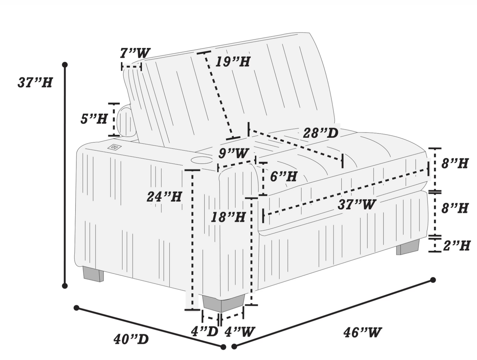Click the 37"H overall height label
coord(35,82)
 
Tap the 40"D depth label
coord(131,339)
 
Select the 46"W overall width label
coord(362,332)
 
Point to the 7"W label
coord(135,53)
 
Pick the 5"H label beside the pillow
coord(94,119)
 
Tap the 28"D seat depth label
coord(321,133)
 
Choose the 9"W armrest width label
coord(233,153)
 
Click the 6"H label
coord(284,176)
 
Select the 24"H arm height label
coord(164,197)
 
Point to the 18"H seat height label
coord(228,217)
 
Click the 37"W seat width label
coord(357,204)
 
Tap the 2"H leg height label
coord(457,246)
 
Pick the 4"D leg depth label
coord(204,332)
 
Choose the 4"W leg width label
coord(239,332)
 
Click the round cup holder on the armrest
coord(201,160)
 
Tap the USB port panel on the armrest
coord(114,147)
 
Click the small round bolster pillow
coord(125,121)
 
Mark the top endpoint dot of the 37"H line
coord(65,64)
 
